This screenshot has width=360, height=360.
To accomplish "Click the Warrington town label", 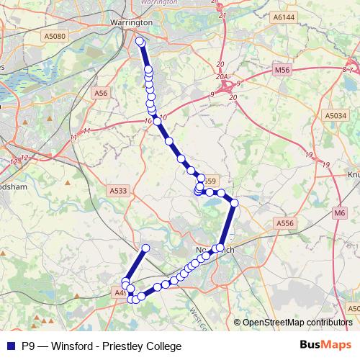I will [x=130, y=22].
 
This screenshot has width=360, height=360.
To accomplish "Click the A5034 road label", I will [x=335, y=115].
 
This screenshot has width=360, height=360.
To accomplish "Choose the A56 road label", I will [x=101, y=93].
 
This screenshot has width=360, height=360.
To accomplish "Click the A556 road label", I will [x=286, y=224].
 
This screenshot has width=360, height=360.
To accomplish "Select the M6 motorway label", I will [x=340, y=213].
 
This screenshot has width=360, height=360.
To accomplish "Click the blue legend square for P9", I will [x=10, y=346].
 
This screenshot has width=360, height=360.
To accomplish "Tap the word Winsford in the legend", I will [x=76, y=346].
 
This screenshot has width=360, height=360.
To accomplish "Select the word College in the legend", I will [x=162, y=346].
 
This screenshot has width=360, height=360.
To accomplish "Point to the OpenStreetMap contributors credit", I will [x=297, y=323].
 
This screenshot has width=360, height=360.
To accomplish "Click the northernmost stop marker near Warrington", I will [x=140, y=41].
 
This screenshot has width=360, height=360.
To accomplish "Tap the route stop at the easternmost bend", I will [x=234, y=204].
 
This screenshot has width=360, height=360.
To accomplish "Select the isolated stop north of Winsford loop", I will [x=145, y=249].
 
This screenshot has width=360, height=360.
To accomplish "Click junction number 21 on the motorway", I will [x=222, y=15].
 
